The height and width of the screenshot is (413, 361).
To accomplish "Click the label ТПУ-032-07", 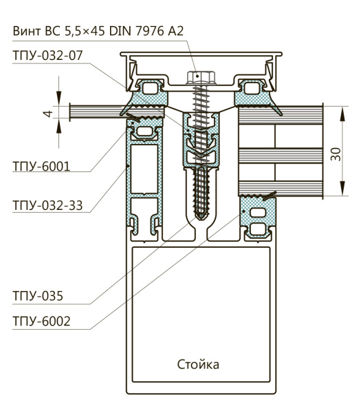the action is pos(47,56).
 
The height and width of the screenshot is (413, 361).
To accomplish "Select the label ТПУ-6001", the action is pos(41,167).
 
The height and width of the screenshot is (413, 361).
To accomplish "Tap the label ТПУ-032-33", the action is pos(47,205).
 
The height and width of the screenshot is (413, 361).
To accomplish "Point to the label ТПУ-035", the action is pos(38,296).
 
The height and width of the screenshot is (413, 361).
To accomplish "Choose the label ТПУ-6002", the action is pos(41,321).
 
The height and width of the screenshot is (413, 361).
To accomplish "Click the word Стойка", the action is pos(198,365).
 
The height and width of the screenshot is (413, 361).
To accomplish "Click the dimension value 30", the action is pos(336,154).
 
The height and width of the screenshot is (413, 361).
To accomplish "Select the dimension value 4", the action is pos(48,114).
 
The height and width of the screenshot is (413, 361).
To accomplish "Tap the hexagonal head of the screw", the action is pos(201,77).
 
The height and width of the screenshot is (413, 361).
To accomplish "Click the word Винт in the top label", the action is pos(27,31).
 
